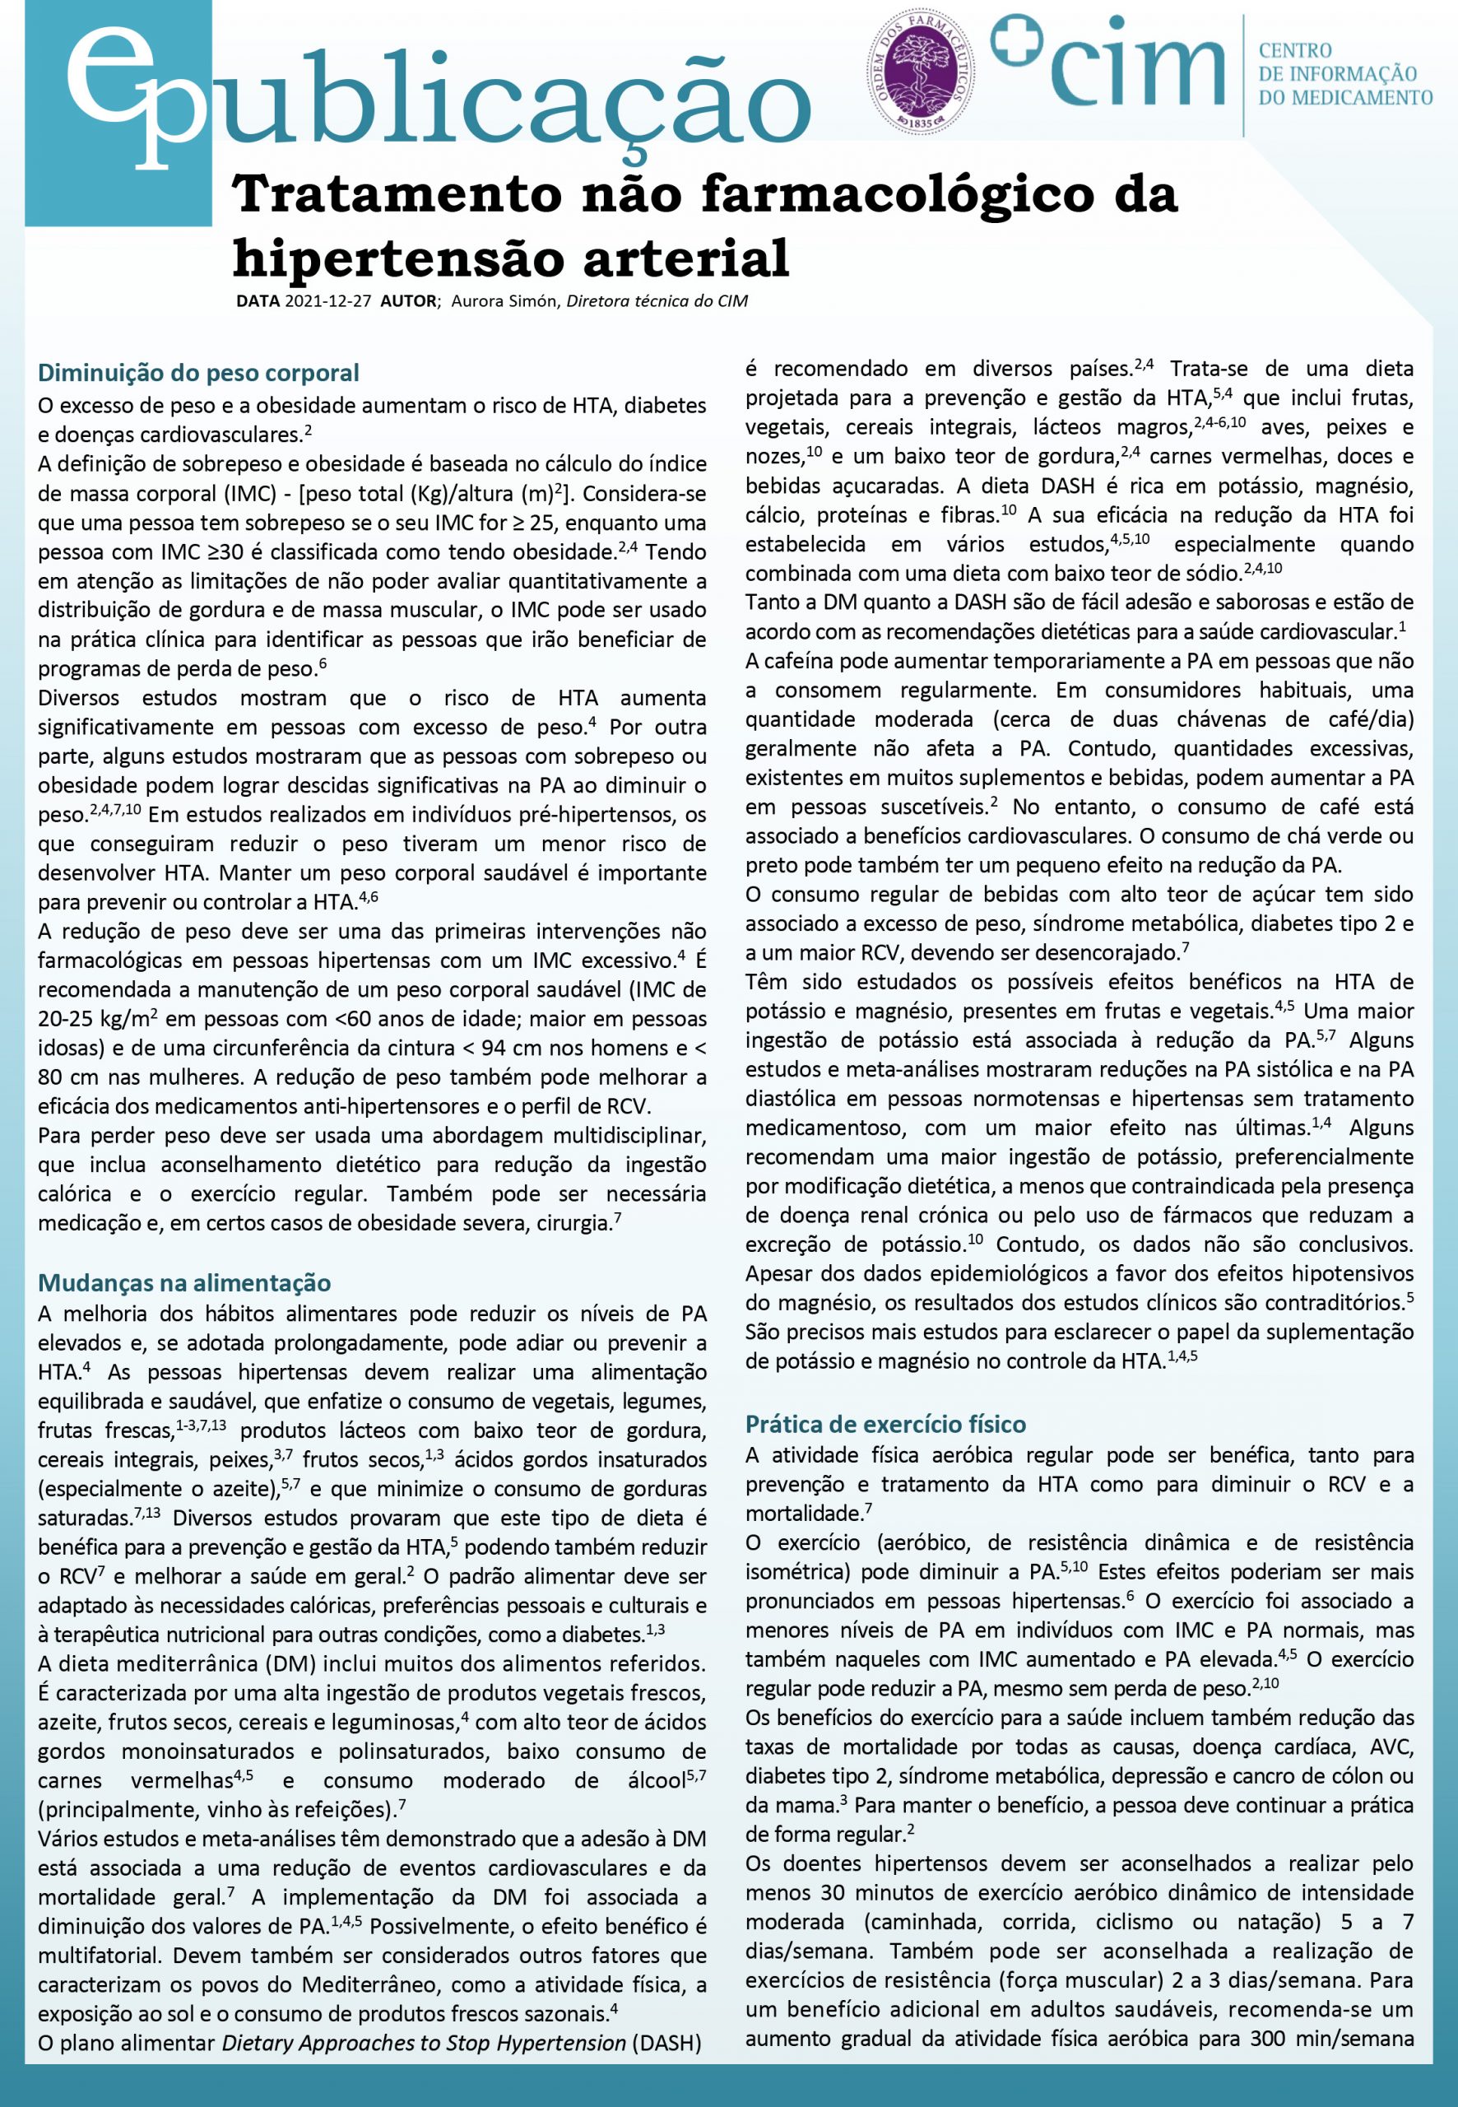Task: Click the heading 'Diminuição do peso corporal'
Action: coord(198,373)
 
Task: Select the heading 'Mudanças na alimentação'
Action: coord(183,1283)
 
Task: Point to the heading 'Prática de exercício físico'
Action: coord(885,1424)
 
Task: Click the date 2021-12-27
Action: coord(328,300)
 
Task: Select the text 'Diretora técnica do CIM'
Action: coord(657,300)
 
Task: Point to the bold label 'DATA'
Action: coord(258,300)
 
